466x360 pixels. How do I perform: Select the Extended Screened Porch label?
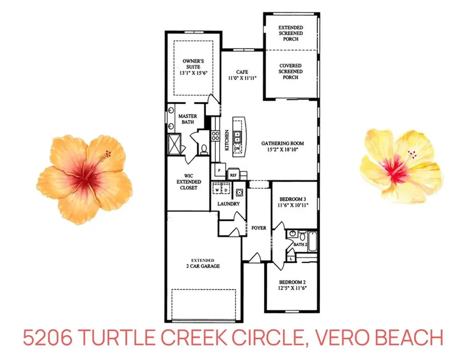pyautogui.click(x=290, y=33)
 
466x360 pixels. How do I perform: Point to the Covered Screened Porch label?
pyautogui.click(x=290, y=71)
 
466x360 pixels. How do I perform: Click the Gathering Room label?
pyautogui.click(x=282, y=147)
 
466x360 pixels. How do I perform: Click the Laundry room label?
pyautogui.click(x=229, y=204)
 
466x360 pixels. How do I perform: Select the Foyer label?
pyautogui.click(x=258, y=228)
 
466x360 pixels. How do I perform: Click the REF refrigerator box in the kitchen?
pyautogui.click(x=233, y=175)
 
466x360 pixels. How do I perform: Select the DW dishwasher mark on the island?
pyautogui.click(x=238, y=148)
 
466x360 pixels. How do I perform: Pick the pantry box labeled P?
pyautogui.click(x=219, y=170)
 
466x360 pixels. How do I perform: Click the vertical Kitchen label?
pyautogui.click(x=227, y=141)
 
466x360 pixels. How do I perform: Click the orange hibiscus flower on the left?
pyautogui.click(x=84, y=178)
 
